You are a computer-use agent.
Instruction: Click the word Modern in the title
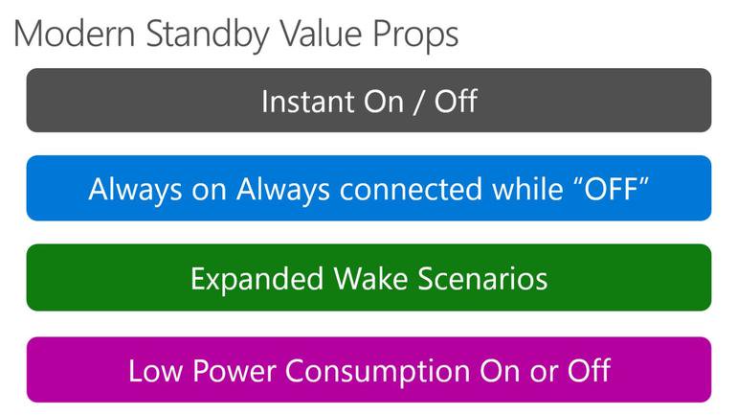tap(75, 34)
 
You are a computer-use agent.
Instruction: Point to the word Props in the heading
tap(415, 36)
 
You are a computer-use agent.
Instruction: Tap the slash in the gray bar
tap(417, 103)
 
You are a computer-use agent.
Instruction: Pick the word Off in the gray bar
tap(456, 101)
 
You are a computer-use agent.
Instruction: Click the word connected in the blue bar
tap(412, 189)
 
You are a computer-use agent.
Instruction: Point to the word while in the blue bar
tap(527, 189)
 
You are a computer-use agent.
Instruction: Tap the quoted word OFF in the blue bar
tap(612, 188)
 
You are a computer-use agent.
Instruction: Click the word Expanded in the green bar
tap(257, 280)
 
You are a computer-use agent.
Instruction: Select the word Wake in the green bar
tap(370, 278)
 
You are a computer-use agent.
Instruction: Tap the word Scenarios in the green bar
tap(482, 279)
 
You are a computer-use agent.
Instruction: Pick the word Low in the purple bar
tap(156, 371)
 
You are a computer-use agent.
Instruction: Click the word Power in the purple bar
tap(234, 371)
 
